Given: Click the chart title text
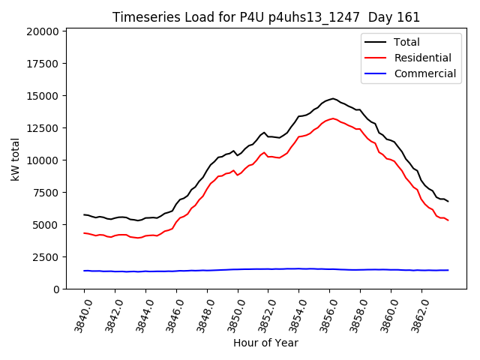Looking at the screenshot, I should [265, 17].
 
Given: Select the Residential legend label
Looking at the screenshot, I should [423, 58].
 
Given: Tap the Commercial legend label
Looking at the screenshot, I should [424, 73].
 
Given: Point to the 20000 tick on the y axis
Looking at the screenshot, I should [42, 31].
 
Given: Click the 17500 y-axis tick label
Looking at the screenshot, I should [42, 64].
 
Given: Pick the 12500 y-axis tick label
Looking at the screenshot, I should [42, 128].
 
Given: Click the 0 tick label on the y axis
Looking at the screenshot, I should [57, 289].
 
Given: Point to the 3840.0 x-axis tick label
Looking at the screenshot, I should [79, 315].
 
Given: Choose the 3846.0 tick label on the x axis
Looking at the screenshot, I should [171, 315].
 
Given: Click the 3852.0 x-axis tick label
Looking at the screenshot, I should [262, 315].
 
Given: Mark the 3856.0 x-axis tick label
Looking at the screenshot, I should [324, 315].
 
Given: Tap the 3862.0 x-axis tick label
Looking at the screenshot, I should [416, 315].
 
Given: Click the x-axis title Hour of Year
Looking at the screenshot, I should [265, 343].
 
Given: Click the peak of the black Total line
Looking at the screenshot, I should [333, 98].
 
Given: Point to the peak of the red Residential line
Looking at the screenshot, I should [333, 118].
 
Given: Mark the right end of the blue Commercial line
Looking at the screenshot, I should [448, 270].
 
